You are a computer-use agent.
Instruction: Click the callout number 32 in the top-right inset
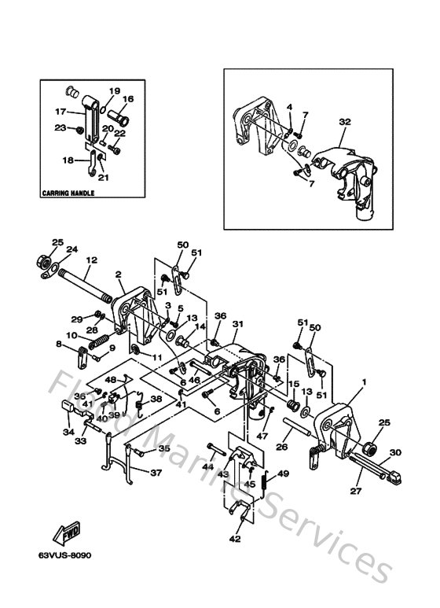click(344, 122)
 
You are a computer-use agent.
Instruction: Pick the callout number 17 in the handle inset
click(60, 111)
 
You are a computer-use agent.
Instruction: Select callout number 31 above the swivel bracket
click(238, 322)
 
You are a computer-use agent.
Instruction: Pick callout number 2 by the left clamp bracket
click(119, 275)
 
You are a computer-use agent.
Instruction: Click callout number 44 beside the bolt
click(207, 466)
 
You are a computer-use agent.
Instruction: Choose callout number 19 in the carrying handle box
click(114, 91)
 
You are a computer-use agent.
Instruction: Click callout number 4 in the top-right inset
click(288, 107)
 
